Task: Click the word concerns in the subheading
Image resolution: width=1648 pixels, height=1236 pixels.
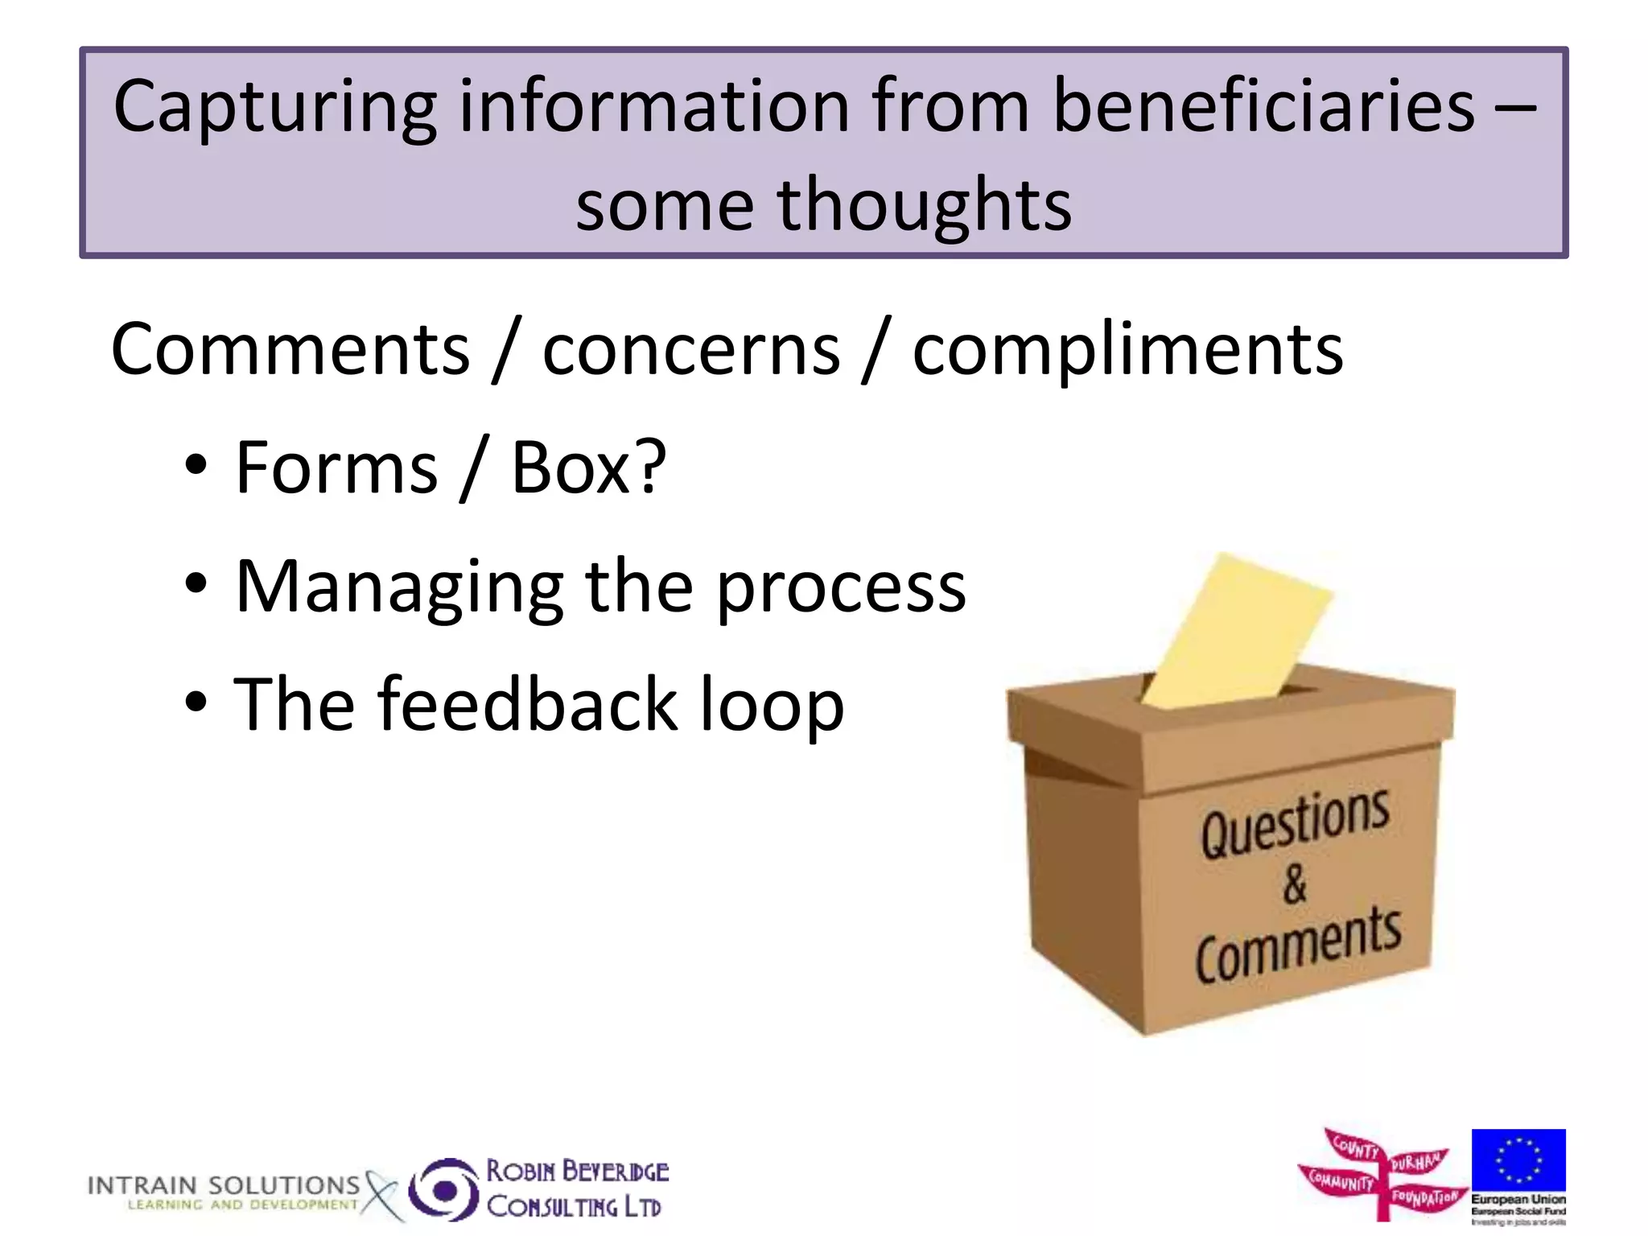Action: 691,349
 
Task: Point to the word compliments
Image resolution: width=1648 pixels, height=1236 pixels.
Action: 1127,351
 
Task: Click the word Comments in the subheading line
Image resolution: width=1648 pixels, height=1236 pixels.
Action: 290,349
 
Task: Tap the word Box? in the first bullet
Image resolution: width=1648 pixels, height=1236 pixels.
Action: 588,468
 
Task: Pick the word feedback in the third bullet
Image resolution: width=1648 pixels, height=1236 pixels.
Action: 528,704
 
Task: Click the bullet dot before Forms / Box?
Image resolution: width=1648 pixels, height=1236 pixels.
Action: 196,466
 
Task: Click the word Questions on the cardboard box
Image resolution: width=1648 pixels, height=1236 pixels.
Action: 1295,821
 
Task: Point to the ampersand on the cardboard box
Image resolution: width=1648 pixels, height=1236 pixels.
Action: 1295,884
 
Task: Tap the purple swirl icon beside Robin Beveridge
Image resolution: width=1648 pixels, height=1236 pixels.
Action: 443,1189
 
